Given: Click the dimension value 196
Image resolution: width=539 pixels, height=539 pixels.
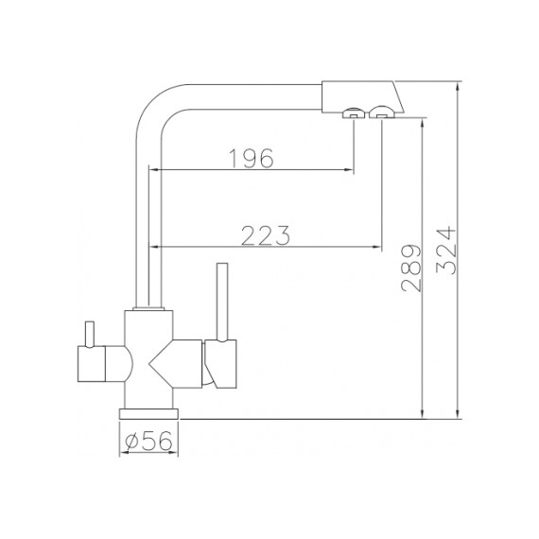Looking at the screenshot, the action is pos(252,159).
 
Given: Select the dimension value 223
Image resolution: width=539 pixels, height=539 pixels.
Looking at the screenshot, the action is pos(266,235).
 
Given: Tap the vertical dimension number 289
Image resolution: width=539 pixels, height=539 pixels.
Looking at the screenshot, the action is pos(411,269).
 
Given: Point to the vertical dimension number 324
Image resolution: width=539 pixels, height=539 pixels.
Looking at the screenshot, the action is pos(446,251).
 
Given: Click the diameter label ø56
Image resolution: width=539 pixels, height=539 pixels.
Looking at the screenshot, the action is pos(148,441).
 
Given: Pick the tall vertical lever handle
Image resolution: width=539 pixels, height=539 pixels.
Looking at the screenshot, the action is pos(222,303).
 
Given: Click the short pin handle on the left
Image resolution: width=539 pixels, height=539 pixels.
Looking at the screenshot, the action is pos(90,334).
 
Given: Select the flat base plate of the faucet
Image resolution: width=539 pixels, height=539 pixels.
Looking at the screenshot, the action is pos(148,414).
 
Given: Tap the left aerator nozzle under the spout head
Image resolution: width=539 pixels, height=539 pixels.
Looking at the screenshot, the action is pos(354,113).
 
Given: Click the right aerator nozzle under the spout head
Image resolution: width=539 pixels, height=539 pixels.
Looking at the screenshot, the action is pos(381,113).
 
